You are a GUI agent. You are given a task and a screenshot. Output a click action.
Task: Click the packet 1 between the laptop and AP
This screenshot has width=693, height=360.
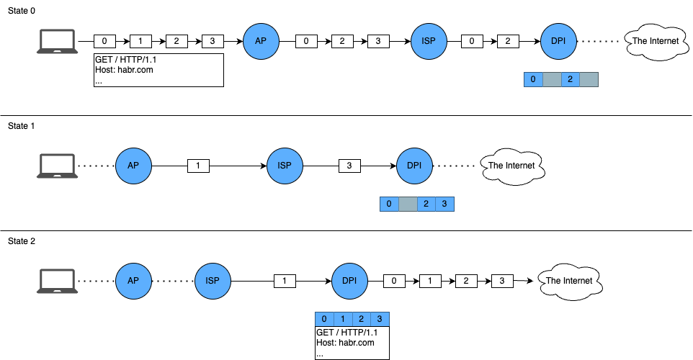pos(140,41)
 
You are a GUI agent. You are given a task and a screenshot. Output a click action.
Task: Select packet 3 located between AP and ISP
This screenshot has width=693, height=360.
pos(378,41)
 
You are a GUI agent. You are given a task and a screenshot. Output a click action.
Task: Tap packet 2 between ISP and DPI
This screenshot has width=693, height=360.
pos(508,41)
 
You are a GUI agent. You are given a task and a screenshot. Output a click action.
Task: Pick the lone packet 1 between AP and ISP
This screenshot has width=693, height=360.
pos(198,166)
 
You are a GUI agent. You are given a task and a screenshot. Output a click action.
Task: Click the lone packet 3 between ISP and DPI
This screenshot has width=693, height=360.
pos(349,166)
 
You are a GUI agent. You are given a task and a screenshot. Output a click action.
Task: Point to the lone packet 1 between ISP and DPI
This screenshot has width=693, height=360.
pos(285,281)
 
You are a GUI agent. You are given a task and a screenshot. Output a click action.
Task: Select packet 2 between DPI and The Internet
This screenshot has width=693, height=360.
pos(466,281)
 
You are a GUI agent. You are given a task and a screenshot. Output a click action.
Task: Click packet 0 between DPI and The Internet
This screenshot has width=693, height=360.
pos(394,281)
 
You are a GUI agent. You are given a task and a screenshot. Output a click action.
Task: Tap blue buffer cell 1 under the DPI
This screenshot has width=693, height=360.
pos(343,319)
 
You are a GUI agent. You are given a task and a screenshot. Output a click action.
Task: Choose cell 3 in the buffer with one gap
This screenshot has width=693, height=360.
pos(444,204)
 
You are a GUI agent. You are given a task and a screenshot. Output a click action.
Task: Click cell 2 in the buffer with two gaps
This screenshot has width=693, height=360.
pos(570,79)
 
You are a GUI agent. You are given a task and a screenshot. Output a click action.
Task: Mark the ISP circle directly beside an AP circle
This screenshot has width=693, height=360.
pos(213,281)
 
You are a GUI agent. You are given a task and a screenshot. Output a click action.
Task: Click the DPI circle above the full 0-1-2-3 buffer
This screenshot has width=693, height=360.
pos(349,281)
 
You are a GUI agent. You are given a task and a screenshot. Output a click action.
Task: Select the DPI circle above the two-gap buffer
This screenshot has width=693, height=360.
pos(558,41)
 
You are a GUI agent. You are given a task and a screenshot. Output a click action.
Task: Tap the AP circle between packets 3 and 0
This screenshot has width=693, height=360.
pos(261,41)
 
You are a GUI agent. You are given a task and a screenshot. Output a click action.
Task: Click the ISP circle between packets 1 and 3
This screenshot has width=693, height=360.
pos(285,166)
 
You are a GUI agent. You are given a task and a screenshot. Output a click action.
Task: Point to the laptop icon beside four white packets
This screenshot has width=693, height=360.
pos(57,41)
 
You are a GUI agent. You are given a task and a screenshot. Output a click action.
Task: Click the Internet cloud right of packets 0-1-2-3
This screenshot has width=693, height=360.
pos(570,281)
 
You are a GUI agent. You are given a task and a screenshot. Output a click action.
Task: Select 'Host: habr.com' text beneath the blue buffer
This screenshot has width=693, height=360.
pos(345,343)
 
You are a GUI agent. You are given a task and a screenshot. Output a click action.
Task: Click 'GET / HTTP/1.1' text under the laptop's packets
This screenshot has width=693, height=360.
pos(125,60)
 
